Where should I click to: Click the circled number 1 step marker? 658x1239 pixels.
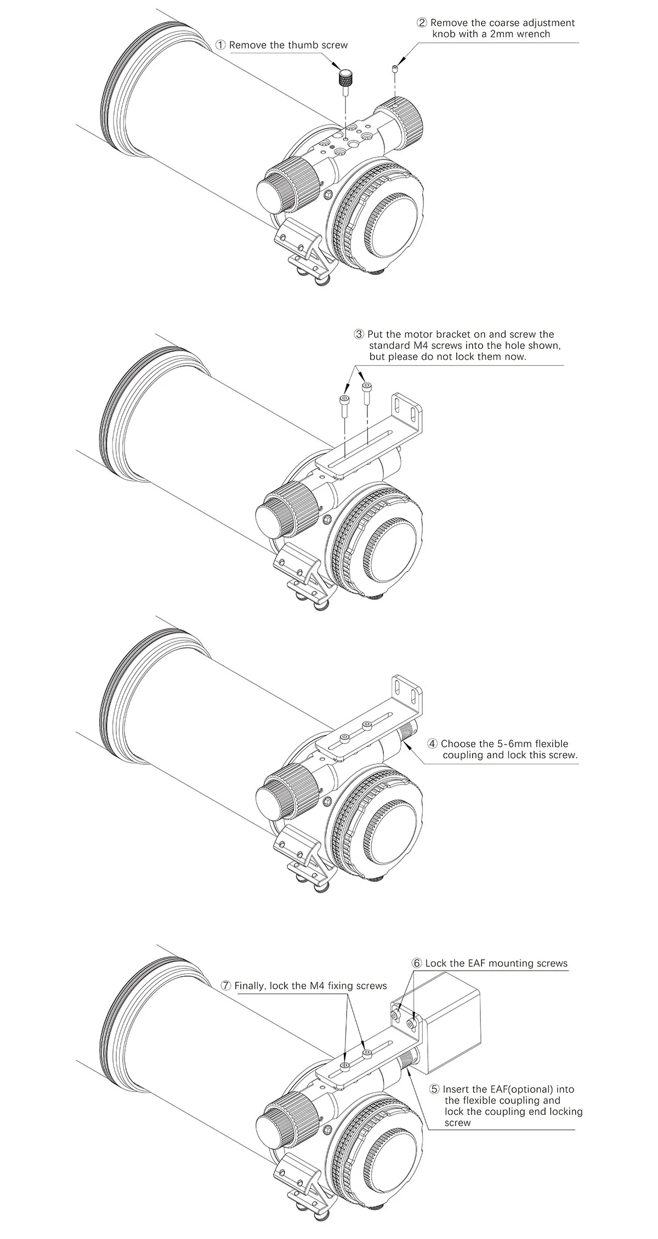click(x=220, y=45)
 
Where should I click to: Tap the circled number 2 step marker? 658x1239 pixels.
click(x=422, y=23)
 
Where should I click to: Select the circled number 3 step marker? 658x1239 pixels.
click(x=359, y=334)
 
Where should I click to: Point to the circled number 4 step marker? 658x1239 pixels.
click(x=433, y=744)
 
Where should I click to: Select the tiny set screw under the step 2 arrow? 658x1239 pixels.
click(x=395, y=68)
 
